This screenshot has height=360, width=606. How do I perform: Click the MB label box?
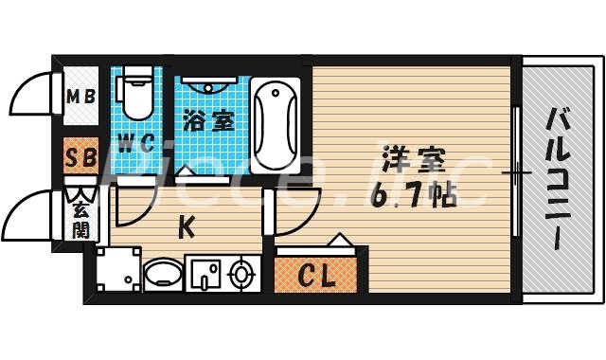[x=80, y=97]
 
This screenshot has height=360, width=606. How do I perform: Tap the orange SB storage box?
[x=79, y=157]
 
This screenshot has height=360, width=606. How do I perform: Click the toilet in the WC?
[x=134, y=95]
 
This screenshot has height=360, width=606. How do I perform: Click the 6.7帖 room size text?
[x=416, y=196]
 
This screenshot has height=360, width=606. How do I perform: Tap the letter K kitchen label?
[x=187, y=226]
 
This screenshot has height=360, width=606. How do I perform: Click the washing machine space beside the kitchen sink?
[x=117, y=271]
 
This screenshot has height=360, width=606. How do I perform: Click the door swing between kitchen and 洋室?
[x=299, y=210]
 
